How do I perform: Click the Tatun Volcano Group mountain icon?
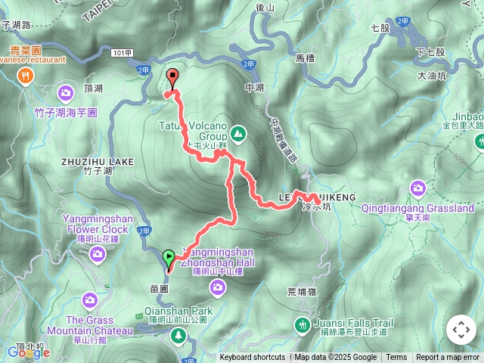pyautogui.click(x=238, y=134)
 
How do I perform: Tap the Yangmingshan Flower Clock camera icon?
pyautogui.click(x=97, y=253)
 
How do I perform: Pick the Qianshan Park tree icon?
pyautogui.click(x=178, y=334)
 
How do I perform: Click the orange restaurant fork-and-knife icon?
pyautogui.click(x=26, y=75)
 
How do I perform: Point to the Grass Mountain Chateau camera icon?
pyautogui.click(x=90, y=300)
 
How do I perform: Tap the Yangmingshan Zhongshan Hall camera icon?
pyautogui.click(x=218, y=286)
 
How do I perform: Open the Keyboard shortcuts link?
pyautogui.click(x=253, y=358)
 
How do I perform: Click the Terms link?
pyautogui.click(x=396, y=358)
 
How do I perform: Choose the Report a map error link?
pyautogui.click(x=448, y=358)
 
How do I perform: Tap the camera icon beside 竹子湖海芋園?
pyautogui.click(x=65, y=94)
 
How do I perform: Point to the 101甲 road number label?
pyautogui.click(x=121, y=53)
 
